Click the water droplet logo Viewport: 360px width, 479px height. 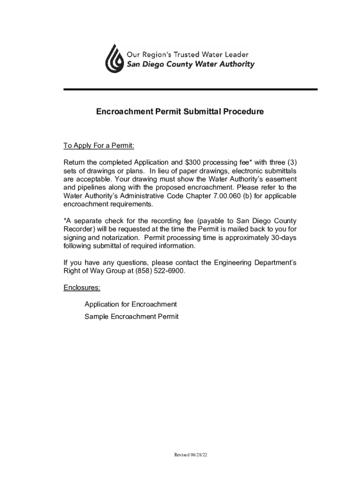pyautogui.click(x=113, y=59)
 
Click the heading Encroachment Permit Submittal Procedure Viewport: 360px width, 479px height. pyautogui.click(x=180, y=112)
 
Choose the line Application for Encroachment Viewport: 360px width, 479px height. pyautogui.click(x=130, y=304)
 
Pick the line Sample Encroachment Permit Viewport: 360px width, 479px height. pyautogui.click(x=131, y=317)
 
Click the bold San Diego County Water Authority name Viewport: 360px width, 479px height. pyautogui.click(x=191, y=65)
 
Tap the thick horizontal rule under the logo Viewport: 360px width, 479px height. pyautogui.click(x=190, y=89)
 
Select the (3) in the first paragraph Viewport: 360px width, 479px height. pyautogui.click(x=291, y=162)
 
